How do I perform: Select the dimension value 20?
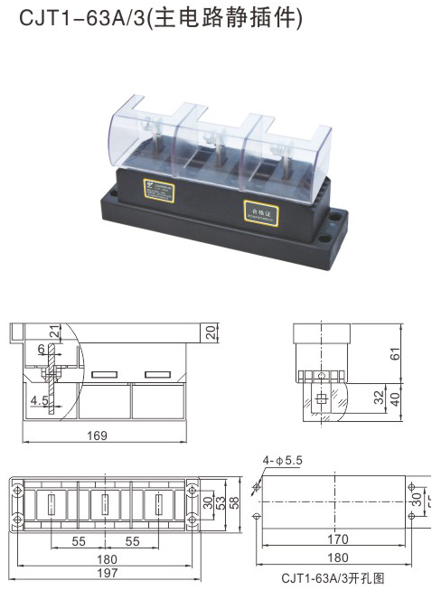pos(211,332)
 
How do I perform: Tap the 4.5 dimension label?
pos(39,400)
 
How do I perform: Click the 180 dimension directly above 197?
pos(106,559)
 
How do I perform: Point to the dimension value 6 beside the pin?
pos(41,349)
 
